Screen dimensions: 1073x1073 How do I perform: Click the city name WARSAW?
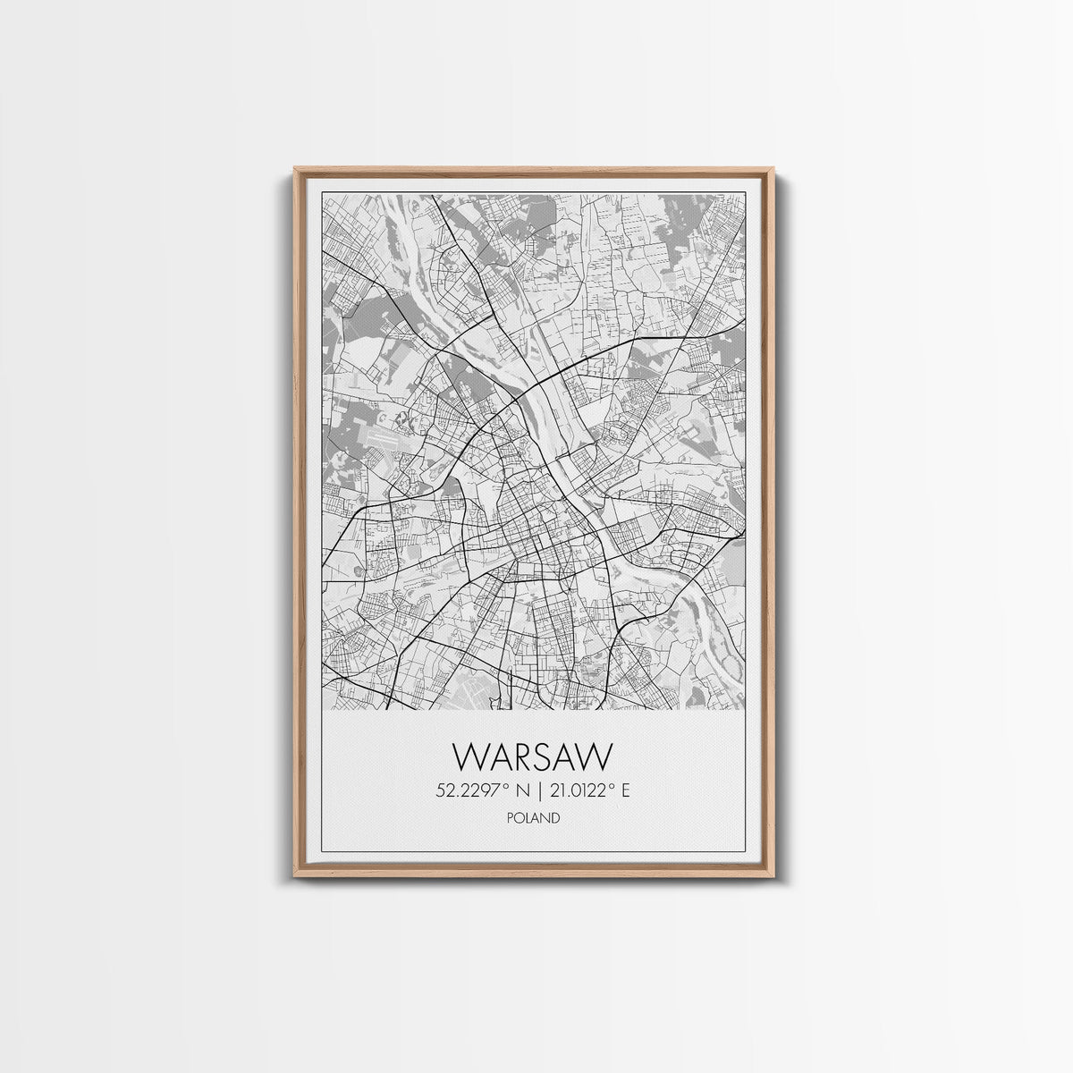click(534, 756)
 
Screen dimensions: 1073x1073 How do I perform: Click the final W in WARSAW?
click(597, 756)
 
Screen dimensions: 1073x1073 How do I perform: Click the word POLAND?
click(534, 816)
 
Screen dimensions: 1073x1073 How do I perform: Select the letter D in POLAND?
click(557, 816)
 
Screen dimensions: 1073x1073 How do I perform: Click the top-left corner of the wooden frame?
click(295, 168)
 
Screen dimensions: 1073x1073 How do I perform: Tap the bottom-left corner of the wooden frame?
click(295, 874)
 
